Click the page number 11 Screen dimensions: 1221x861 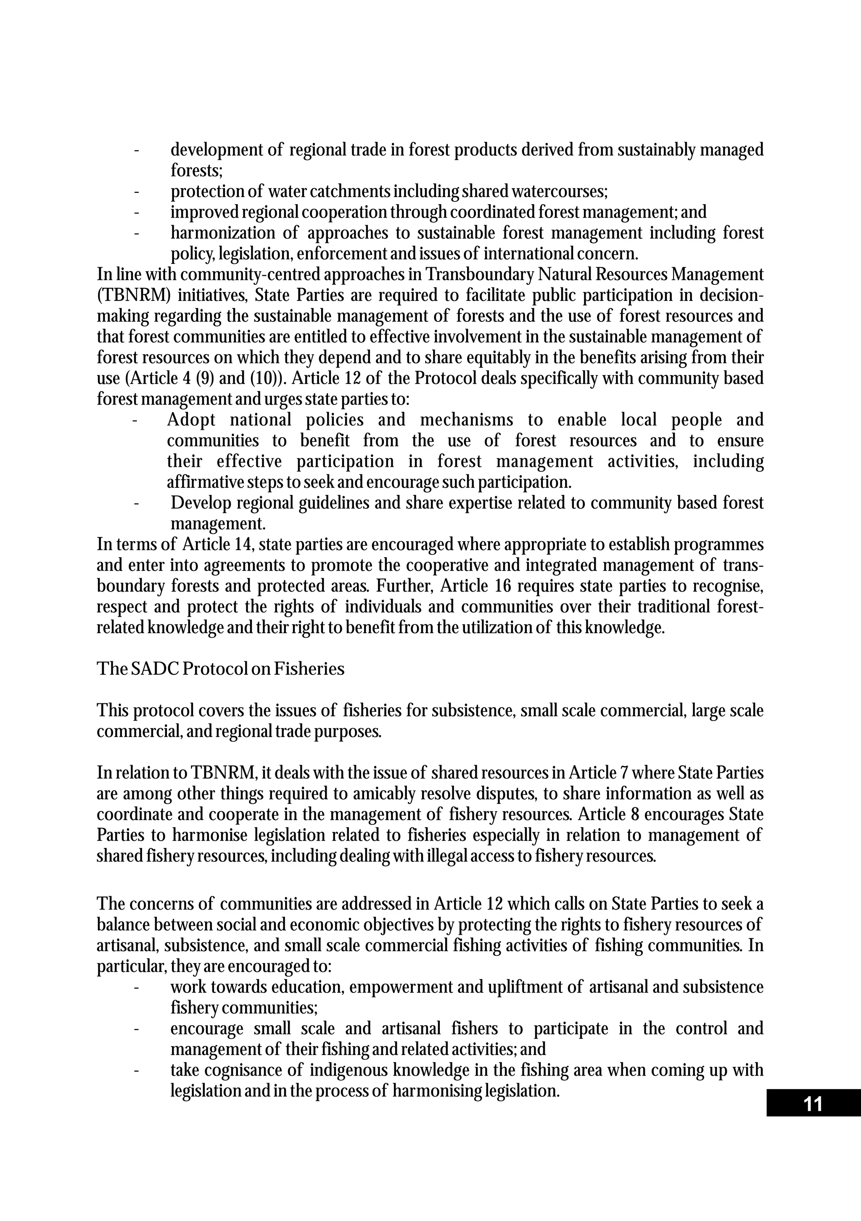pyautogui.click(x=813, y=1104)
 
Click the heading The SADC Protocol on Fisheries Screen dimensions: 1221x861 pyautogui.click(x=220, y=669)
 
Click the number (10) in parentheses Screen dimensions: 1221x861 pyautogui.click(x=264, y=379)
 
